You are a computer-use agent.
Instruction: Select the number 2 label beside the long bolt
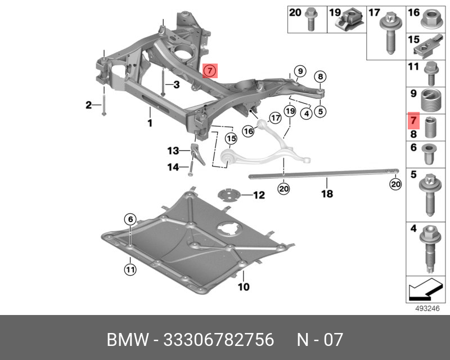(88, 105)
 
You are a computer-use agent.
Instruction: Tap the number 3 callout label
(175, 85)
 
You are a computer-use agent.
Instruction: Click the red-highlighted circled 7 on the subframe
(209, 71)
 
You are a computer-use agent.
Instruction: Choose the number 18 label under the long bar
(327, 194)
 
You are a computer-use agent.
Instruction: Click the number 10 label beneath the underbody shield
(243, 286)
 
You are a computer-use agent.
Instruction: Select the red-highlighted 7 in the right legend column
(413, 120)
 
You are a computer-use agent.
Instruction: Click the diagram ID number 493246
(427, 308)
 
